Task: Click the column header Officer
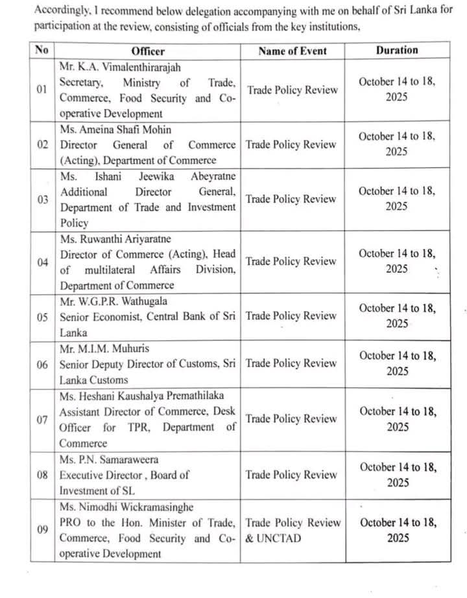[148, 51]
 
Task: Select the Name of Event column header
[293, 51]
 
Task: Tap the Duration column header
[397, 50]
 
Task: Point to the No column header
[42, 51]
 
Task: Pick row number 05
[42, 316]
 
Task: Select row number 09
[42, 530]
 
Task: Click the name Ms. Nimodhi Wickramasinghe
[126, 507]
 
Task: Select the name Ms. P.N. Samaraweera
[106, 459]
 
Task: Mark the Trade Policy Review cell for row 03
[292, 200]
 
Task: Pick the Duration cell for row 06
[397, 363]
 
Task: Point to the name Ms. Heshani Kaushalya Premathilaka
[142, 395]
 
